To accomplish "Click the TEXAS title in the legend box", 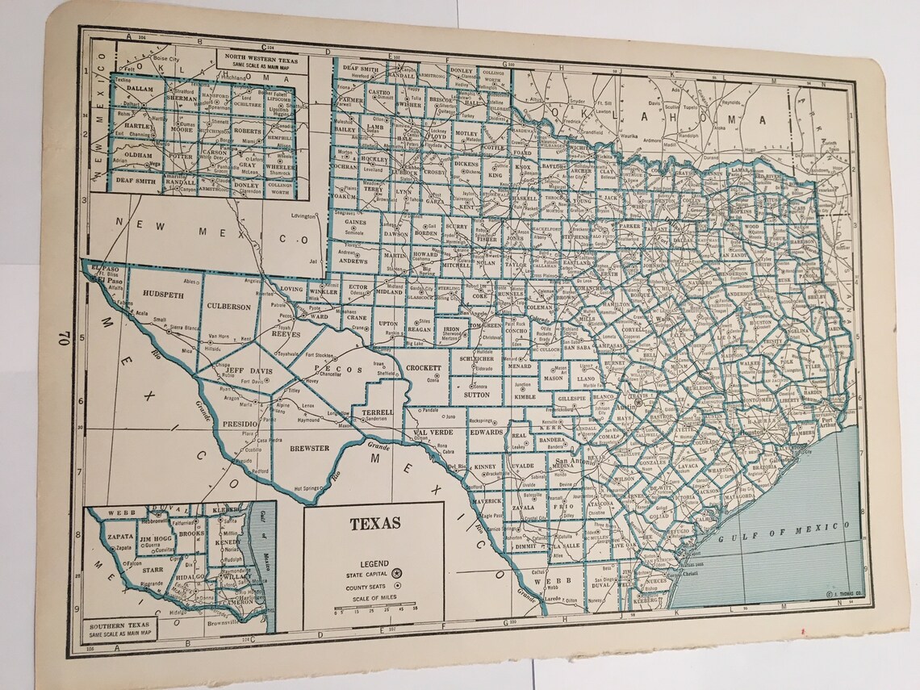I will [x=374, y=523].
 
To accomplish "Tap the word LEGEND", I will [x=374, y=563].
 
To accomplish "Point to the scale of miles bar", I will [x=375, y=604].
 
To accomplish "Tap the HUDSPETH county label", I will [x=163, y=295].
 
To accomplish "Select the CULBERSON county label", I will [x=231, y=307].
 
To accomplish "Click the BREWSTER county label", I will [x=309, y=448].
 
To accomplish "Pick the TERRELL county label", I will [x=377, y=412].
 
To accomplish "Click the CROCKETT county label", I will [x=424, y=368].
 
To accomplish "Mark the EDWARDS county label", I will [x=487, y=433].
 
